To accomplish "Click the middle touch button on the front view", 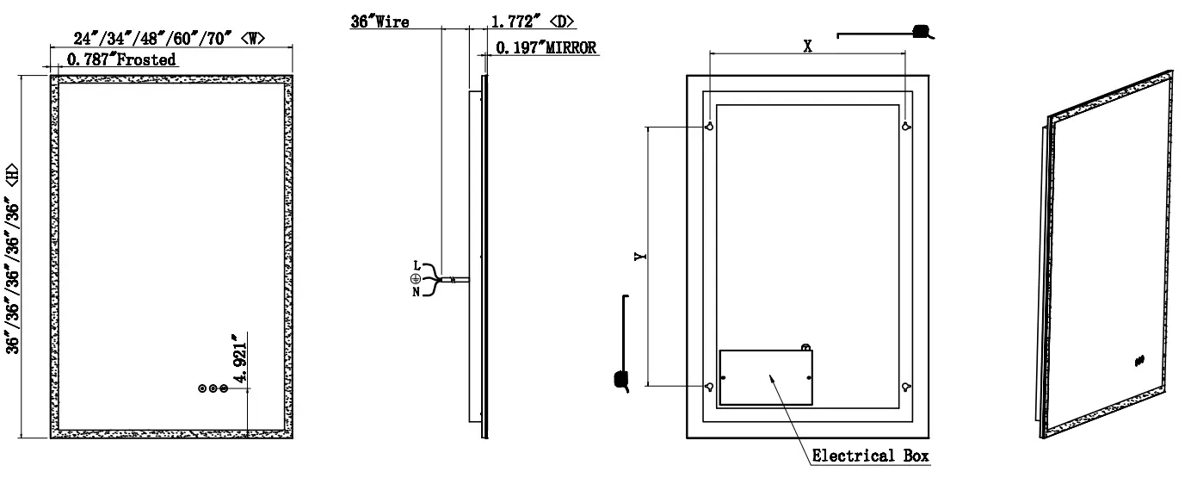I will click(213, 389).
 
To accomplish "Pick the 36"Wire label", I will click(380, 22).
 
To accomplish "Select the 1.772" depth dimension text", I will click(520, 22).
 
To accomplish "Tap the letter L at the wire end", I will click(416, 264).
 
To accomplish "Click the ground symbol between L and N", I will click(414, 277).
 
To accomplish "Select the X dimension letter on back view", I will click(807, 47).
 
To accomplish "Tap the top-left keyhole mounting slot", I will click(709, 127).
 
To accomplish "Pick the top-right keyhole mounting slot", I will click(905, 127).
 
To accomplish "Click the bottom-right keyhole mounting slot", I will click(905, 387).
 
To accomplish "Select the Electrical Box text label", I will click(870, 456).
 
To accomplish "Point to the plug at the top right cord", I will click(924, 33).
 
